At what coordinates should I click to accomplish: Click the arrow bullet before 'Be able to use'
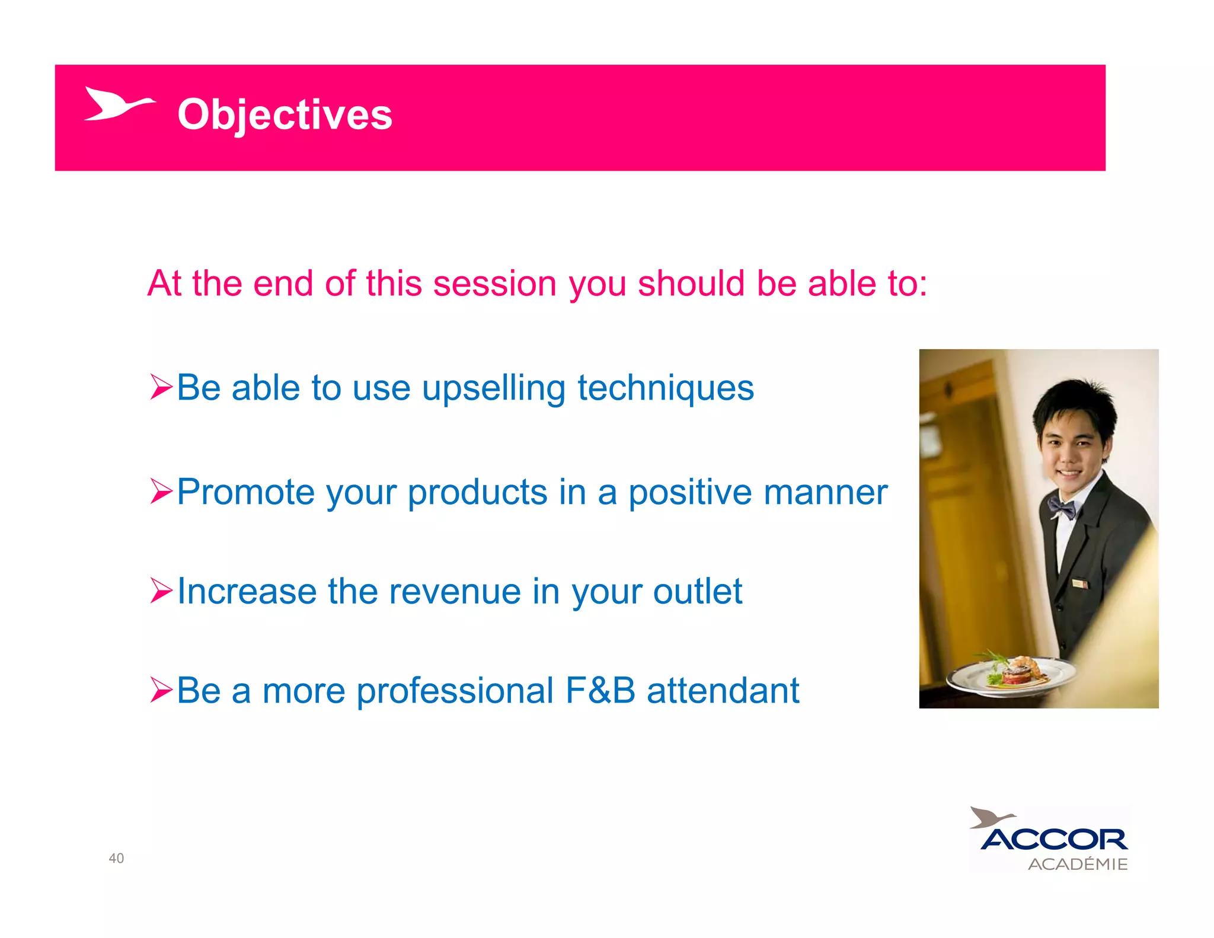tap(161, 387)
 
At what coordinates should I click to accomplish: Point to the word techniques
tap(665, 389)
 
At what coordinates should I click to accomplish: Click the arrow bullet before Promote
tap(161, 491)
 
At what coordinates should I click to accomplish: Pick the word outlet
tap(697, 592)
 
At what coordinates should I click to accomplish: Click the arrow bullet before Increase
tap(161, 591)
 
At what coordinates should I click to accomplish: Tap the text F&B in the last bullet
tap(600, 691)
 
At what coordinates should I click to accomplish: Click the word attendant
tap(723, 691)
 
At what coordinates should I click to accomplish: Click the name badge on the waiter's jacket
tap(1080, 584)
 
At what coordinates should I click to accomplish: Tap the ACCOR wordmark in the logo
tap(1054, 839)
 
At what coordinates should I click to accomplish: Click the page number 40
tap(116, 858)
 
